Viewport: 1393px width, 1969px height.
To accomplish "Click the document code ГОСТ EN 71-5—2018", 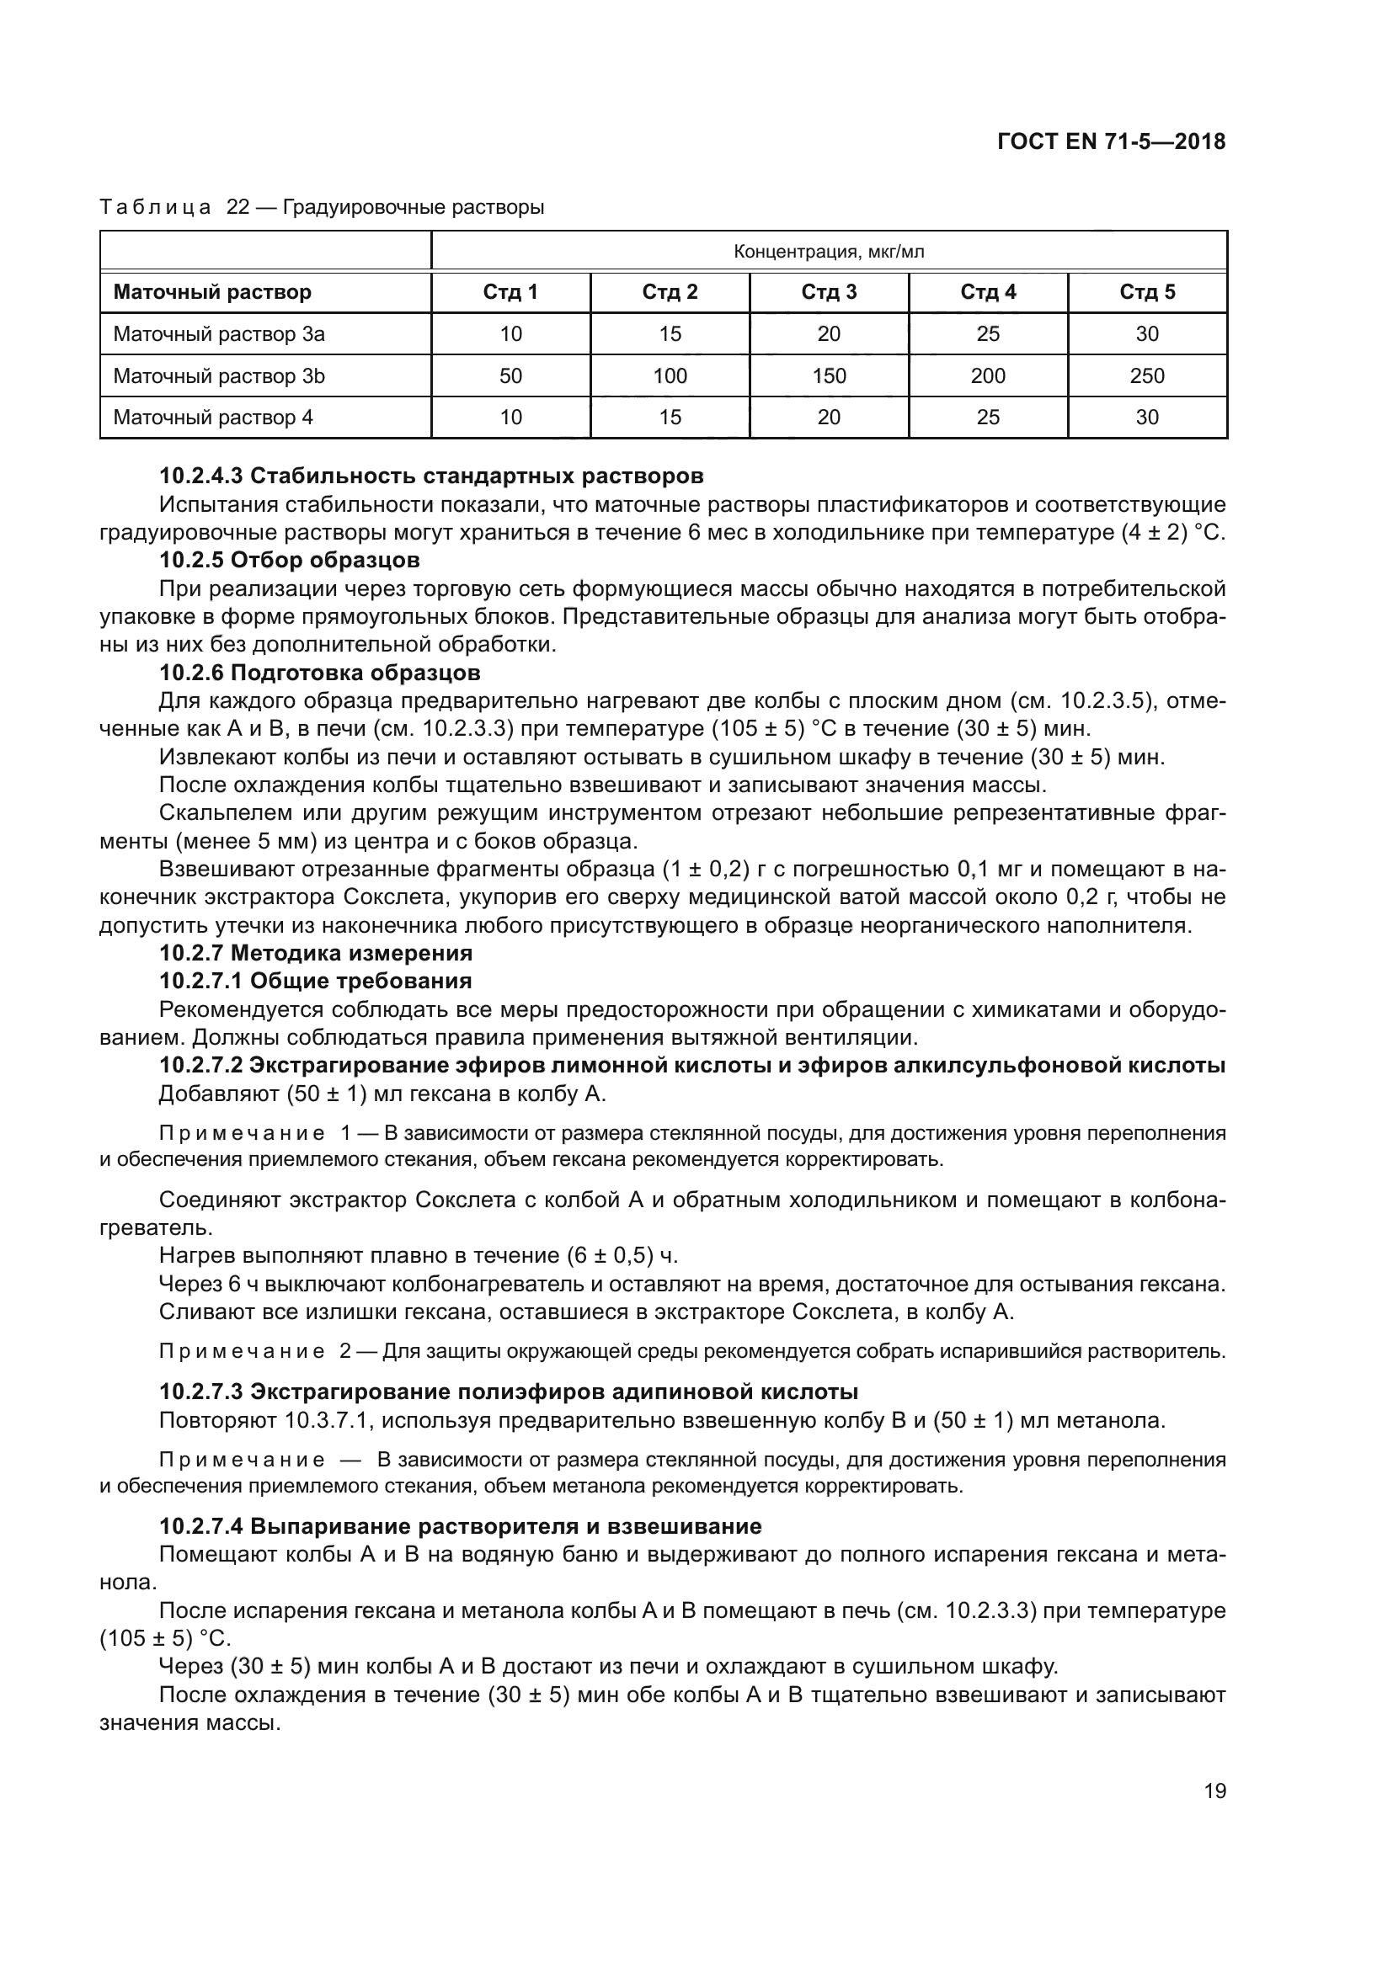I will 1112,141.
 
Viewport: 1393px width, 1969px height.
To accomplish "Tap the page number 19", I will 1214,1791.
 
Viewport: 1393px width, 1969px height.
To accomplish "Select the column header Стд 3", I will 829,292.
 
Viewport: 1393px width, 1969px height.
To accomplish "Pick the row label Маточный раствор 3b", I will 219,375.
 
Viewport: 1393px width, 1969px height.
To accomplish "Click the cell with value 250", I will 1147,375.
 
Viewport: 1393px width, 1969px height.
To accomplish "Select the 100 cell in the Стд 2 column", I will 670,375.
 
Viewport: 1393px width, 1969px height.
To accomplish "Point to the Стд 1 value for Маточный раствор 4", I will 510,418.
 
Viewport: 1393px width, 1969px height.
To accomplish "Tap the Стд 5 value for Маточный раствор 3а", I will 1147,334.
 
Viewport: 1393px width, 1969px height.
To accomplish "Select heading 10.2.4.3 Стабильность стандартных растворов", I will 430,476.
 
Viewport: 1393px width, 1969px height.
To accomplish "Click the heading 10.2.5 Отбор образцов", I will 289,560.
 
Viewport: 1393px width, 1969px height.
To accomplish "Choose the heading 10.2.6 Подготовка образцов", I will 319,673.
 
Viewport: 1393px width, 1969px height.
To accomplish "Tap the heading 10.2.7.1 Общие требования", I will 315,980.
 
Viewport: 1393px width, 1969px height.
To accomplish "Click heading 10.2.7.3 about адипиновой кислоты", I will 508,1391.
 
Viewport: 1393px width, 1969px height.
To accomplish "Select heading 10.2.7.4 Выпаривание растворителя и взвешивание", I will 460,1526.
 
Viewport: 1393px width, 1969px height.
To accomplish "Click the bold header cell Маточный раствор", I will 212,292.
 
